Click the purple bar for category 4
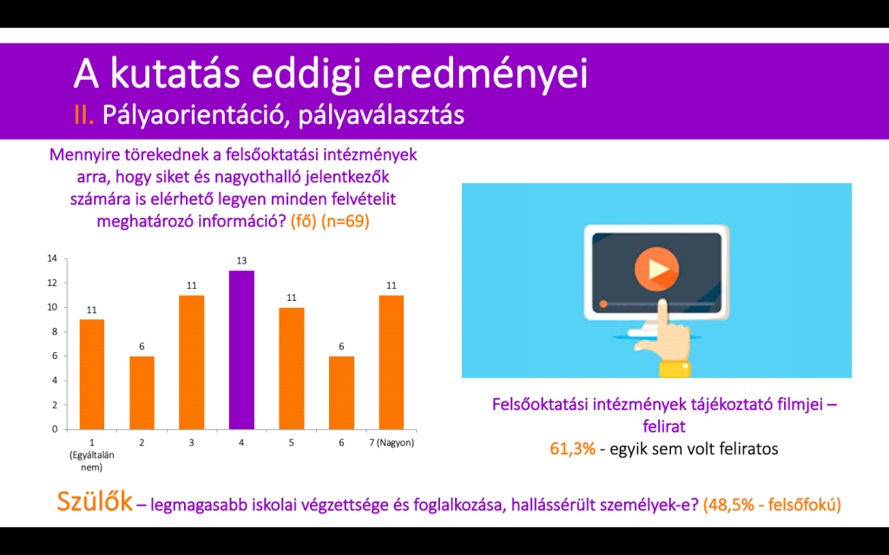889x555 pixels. coord(241,350)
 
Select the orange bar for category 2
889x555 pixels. coord(142,393)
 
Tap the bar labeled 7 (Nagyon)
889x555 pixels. coord(392,362)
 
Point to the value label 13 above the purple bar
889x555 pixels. coord(241,261)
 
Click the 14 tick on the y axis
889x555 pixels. coord(52,258)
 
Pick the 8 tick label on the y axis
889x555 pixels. coord(55,332)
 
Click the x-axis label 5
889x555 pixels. coord(292,443)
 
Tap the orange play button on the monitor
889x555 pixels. coord(656,269)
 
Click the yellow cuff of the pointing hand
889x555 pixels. coord(675,369)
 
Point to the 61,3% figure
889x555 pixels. coord(573,449)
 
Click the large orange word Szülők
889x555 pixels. coord(95,501)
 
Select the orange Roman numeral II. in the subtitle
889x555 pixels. coord(84,115)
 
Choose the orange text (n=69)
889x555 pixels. coord(346,221)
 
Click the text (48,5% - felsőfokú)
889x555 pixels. coord(772,504)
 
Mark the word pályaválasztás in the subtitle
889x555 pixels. coord(381,115)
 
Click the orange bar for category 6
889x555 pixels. coord(341,393)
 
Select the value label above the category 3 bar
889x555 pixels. coord(192,285)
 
